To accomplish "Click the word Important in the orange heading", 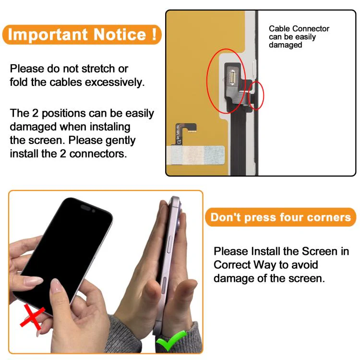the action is click(48, 35).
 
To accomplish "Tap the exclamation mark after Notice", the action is click(154, 34).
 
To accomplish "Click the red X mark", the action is click(32, 316).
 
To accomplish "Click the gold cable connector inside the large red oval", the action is click(232, 77).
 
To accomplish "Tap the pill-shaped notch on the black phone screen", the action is click(85, 207).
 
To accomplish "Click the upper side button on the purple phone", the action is click(170, 244).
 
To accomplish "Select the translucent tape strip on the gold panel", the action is click(195, 155).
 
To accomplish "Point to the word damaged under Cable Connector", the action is click(286, 45).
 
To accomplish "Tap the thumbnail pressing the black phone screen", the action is click(56, 286).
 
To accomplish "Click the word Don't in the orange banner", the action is click(226, 217).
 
